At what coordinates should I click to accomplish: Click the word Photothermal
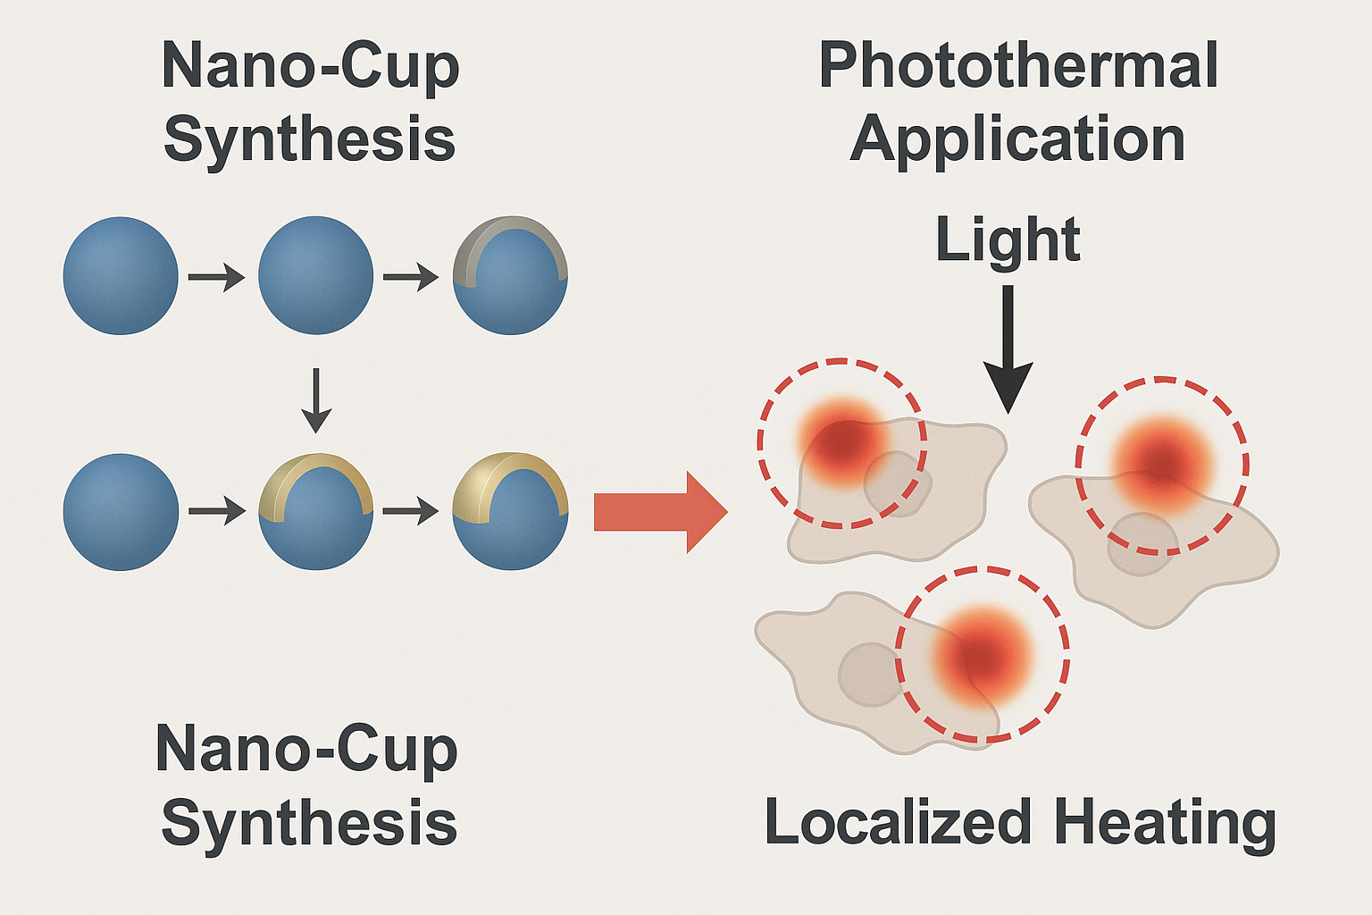point(1018,66)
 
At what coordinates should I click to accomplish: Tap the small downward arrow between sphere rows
point(316,399)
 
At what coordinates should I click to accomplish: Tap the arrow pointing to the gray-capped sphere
point(410,278)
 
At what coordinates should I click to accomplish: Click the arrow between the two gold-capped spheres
point(410,512)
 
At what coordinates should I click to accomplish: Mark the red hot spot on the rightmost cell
point(1162,461)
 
